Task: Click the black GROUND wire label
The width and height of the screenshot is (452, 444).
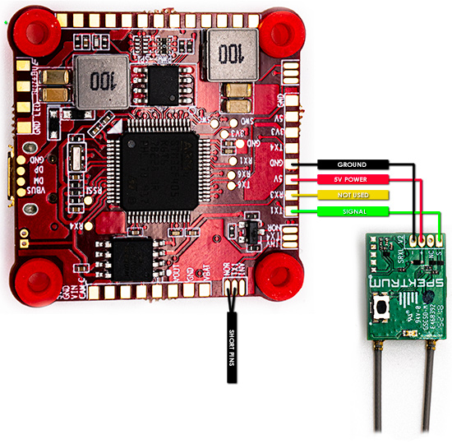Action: pos(352,165)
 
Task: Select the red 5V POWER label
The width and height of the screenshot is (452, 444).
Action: pos(352,179)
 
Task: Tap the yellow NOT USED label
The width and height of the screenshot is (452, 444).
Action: pos(352,196)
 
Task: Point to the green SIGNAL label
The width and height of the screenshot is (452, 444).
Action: pos(352,211)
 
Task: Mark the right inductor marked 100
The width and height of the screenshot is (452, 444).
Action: pos(228,52)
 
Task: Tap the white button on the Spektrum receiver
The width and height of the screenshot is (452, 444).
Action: pos(383,311)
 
